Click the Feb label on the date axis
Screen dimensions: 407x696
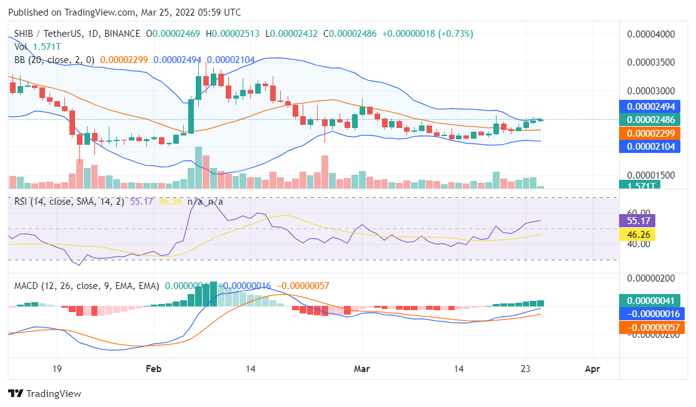coord(153,369)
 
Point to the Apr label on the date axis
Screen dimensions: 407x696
coord(592,369)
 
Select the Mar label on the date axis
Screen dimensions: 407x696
coord(362,369)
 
